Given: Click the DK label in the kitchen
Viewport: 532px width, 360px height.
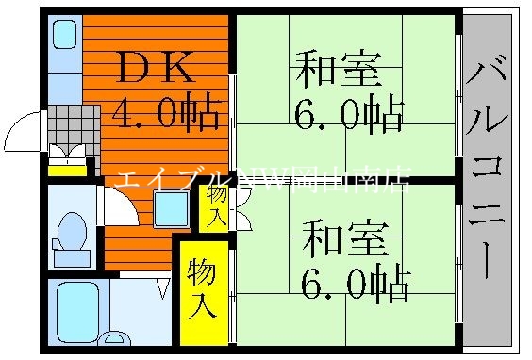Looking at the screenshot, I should tap(156, 67).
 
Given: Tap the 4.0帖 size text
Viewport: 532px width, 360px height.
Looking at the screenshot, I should tap(169, 115).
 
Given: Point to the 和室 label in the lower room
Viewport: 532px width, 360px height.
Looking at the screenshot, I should tap(345, 237).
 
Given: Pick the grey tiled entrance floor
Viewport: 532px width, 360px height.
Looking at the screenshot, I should tap(74, 123).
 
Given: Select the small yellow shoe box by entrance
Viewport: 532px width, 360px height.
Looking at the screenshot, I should tap(67, 169).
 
